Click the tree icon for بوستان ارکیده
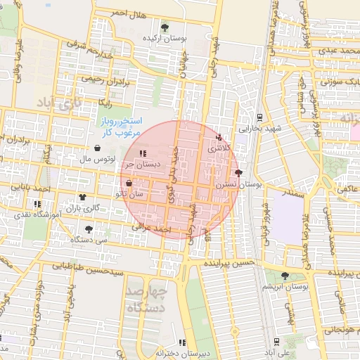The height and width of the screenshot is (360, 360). [x=165, y=28]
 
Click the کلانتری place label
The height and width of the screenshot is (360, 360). [x=217, y=149]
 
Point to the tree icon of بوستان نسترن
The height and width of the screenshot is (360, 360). [x=238, y=172]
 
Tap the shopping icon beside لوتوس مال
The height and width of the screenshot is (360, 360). [x=96, y=148]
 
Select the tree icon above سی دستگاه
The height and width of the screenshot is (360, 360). [x=89, y=229]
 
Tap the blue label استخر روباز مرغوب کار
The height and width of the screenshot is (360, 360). [x=117, y=127]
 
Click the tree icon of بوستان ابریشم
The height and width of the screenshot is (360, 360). [x=284, y=276]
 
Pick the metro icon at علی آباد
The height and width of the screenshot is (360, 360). [x=279, y=340]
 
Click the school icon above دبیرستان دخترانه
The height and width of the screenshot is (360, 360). [x=182, y=342]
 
